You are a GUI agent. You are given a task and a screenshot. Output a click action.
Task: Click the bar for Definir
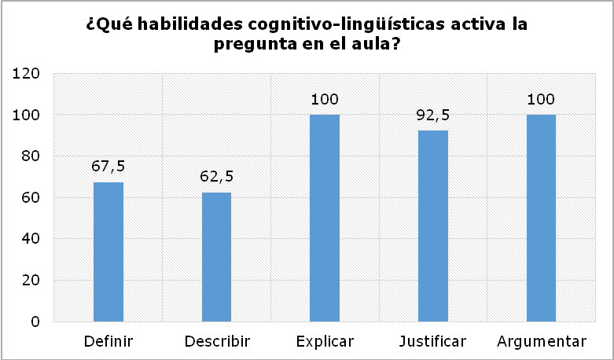click(108, 252)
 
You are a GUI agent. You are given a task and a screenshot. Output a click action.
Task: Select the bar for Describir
click(217, 257)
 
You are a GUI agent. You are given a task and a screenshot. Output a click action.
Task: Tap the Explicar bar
click(325, 218)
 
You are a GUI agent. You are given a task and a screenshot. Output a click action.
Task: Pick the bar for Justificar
click(433, 226)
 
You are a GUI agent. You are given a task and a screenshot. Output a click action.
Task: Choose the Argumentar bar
click(541, 218)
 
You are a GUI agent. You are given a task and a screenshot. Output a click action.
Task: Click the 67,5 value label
click(108, 167)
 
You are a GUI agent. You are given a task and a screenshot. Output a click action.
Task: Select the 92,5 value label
click(433, 116)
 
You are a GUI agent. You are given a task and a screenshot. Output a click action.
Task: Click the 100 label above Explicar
click(325, 100)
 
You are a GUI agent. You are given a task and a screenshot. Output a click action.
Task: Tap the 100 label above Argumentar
click(541, 100)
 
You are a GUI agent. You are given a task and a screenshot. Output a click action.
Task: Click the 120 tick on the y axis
click(29, 74)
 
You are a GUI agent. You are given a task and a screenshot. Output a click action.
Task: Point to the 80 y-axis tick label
click(32, 156)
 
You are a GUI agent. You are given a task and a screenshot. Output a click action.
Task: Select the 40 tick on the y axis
click(32, 239)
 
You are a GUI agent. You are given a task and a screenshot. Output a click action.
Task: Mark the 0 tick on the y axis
click(36, 321)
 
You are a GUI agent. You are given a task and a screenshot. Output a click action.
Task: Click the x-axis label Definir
click(108, 341)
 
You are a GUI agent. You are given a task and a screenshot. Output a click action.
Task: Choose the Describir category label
click(217, 341)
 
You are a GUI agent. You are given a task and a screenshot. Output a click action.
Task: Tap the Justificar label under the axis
click(433, 341)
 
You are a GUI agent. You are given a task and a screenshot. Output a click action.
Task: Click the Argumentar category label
click(541, 341)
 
